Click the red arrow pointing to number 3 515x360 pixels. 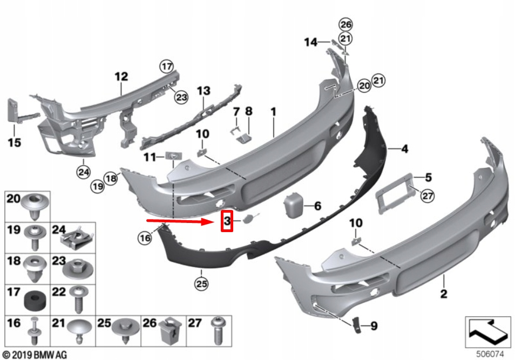181,221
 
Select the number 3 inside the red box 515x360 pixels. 227,221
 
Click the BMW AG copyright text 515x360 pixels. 35,354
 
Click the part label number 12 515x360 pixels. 121,77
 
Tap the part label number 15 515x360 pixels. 14,142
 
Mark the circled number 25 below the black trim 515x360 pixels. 202,282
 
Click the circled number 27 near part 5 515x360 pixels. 428,196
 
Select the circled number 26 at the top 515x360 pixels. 345,24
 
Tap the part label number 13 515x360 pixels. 203,91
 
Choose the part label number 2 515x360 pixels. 444,294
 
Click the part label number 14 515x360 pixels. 310,42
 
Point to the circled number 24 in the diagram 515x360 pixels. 83,172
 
